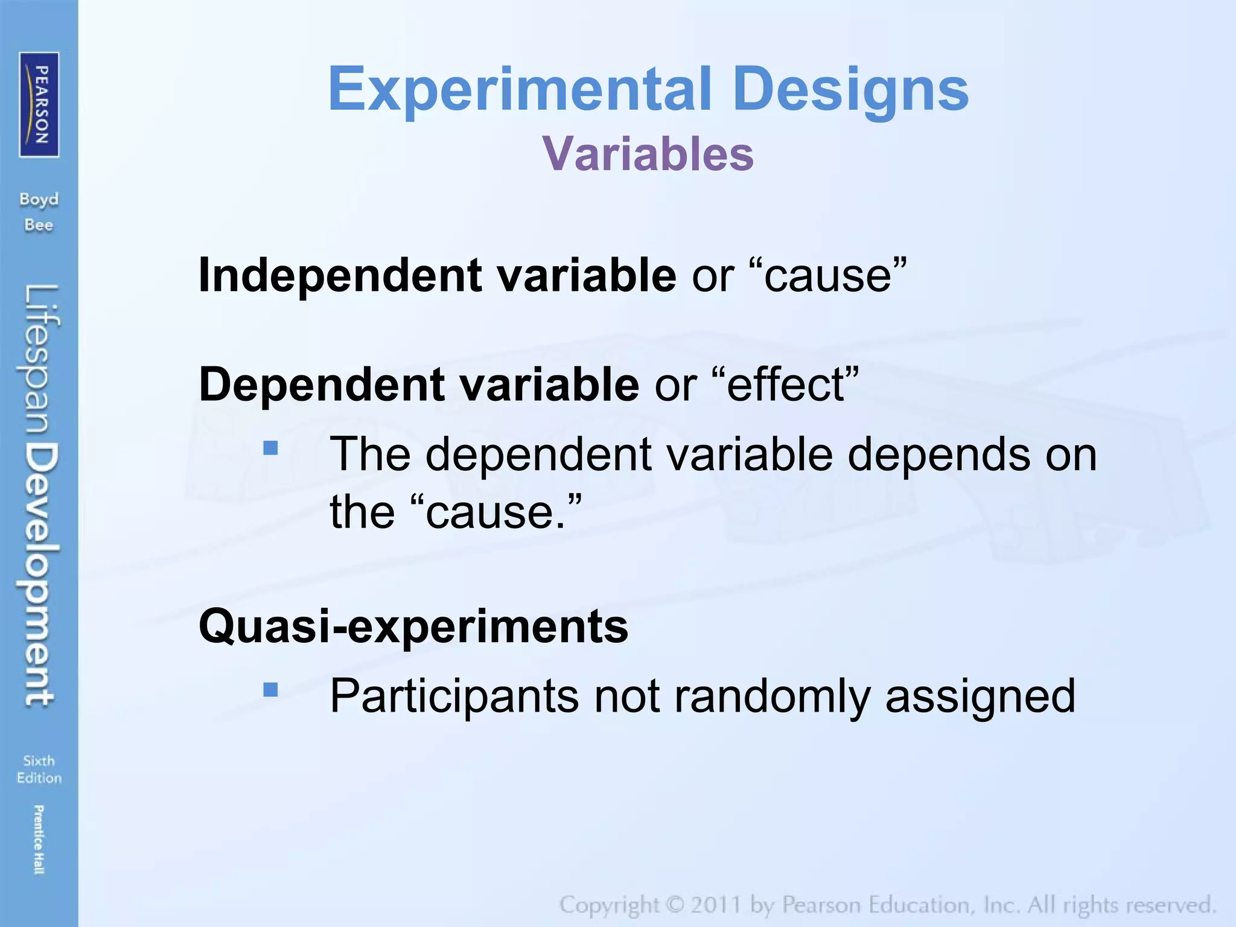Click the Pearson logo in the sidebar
[39, 105]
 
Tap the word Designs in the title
[852, 91]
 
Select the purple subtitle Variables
[648, 154]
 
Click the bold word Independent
[340, 275]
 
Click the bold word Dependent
[321, 384]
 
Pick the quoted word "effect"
[787, 384]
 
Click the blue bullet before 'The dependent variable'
[270, 448]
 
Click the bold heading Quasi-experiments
[413, 626]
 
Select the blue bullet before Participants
[270, 689]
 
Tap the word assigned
[980, 696]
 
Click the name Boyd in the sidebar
[39, 199]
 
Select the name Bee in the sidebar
[39, 225]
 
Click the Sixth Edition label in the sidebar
[39, 769]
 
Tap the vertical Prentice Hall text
[39, 839]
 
